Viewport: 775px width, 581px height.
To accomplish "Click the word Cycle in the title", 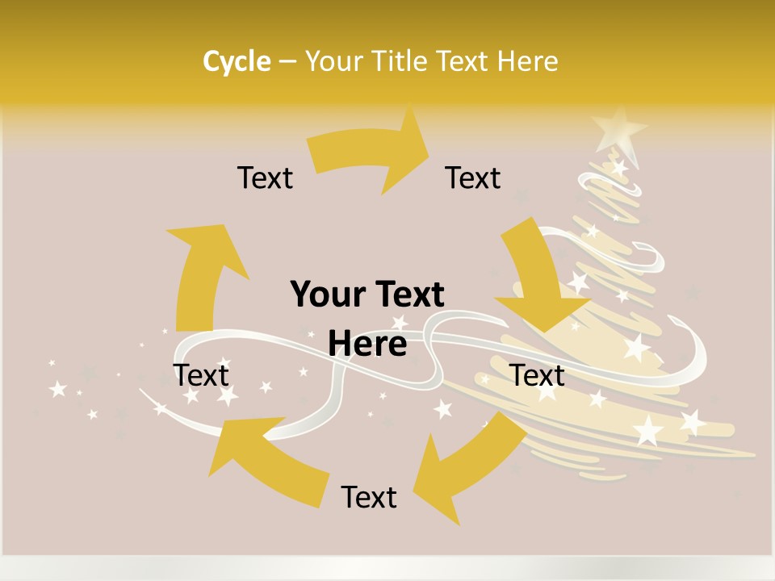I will (237, 61).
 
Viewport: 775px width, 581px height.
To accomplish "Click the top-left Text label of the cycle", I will (265, 178).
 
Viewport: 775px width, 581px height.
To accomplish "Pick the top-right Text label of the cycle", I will (473, 178).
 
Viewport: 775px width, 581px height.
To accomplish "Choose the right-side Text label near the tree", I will (537, 375).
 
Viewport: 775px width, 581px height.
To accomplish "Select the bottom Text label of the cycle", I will (369, 497).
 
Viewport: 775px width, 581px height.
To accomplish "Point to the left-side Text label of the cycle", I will (201, 375).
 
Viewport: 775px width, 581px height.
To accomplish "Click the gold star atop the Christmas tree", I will (619, 127).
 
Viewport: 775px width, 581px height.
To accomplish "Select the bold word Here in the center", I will (367, 344).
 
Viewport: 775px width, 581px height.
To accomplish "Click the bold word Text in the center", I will (408, 295).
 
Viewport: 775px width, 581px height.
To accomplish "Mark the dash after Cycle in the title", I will (288, 61).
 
